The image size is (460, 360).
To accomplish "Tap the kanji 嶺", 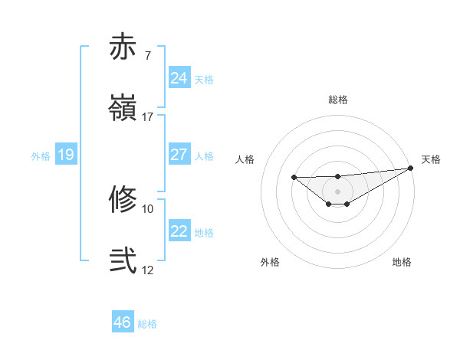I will pyautogui.click(x=123, y=108).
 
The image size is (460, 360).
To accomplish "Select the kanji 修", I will pyautogui.click(x=123, y=200).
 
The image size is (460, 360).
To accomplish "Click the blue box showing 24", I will pyautogui.click(x=179, y=78).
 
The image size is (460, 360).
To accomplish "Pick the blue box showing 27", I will pyautogui.click(x=179, y=155).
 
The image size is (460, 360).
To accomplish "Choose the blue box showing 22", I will pyautogui.click(x=179, y=231).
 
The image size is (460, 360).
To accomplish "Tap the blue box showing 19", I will pyautogui.click(x=66, y=155).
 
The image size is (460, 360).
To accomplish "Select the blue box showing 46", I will pyautogui.click(x=123, y=322).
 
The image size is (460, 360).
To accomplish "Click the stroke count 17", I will pyautogui.click(x=148, y=117).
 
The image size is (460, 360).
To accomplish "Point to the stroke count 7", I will pyautogui.click(x=148, y=56).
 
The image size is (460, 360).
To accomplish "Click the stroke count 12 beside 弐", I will pyautogui.click(x=148, y=270).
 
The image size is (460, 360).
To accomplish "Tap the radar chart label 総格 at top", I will pyautogui.click(x=338, y=100).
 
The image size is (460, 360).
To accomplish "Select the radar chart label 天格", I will pyautogui.click(x=431, y=159).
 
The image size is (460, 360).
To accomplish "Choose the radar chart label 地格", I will pyautogui.click(x=402, y=262).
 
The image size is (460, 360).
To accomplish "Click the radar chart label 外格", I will pyautogui.click(x=270, y=262).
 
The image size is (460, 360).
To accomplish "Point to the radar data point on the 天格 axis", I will pyautogui.click(x=412, y=168).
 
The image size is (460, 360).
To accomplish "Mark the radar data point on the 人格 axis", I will pyautogui.click(x=294, y=178).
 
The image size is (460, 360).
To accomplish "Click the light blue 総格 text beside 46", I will pyautogui.click(x=147, y=324).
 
